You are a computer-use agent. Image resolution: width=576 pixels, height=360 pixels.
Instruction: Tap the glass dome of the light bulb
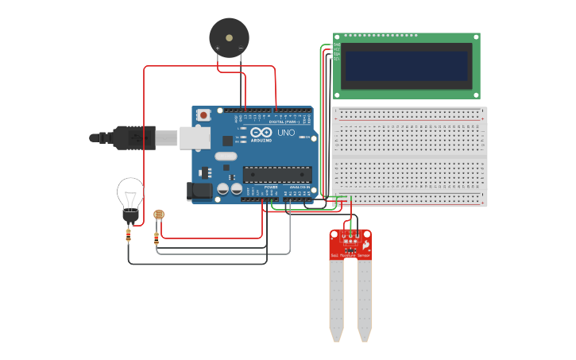[x=130, y=192]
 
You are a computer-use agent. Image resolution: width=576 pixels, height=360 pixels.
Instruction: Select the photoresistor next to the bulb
[x=158, y=214]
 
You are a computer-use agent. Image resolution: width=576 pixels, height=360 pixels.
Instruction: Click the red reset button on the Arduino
[x=203, y=115]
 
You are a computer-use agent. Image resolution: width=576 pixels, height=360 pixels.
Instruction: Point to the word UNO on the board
[x=285, y=133]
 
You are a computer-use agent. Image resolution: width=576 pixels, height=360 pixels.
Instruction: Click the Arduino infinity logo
[x=261, y=133]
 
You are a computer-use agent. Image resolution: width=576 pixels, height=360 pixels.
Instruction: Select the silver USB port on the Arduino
[x=195, y=137]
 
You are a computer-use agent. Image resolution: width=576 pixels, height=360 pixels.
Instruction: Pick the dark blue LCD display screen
[x=406, y=66]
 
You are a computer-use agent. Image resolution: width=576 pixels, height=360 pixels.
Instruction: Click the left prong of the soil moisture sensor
[x=337, y=298]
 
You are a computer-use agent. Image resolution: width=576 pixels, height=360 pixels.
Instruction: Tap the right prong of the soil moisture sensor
[x=364, y=298]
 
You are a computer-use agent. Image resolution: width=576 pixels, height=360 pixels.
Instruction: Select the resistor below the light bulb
[x=130, y=234]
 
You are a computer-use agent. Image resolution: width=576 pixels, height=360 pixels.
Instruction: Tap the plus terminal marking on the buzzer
[x=217, y=48]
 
